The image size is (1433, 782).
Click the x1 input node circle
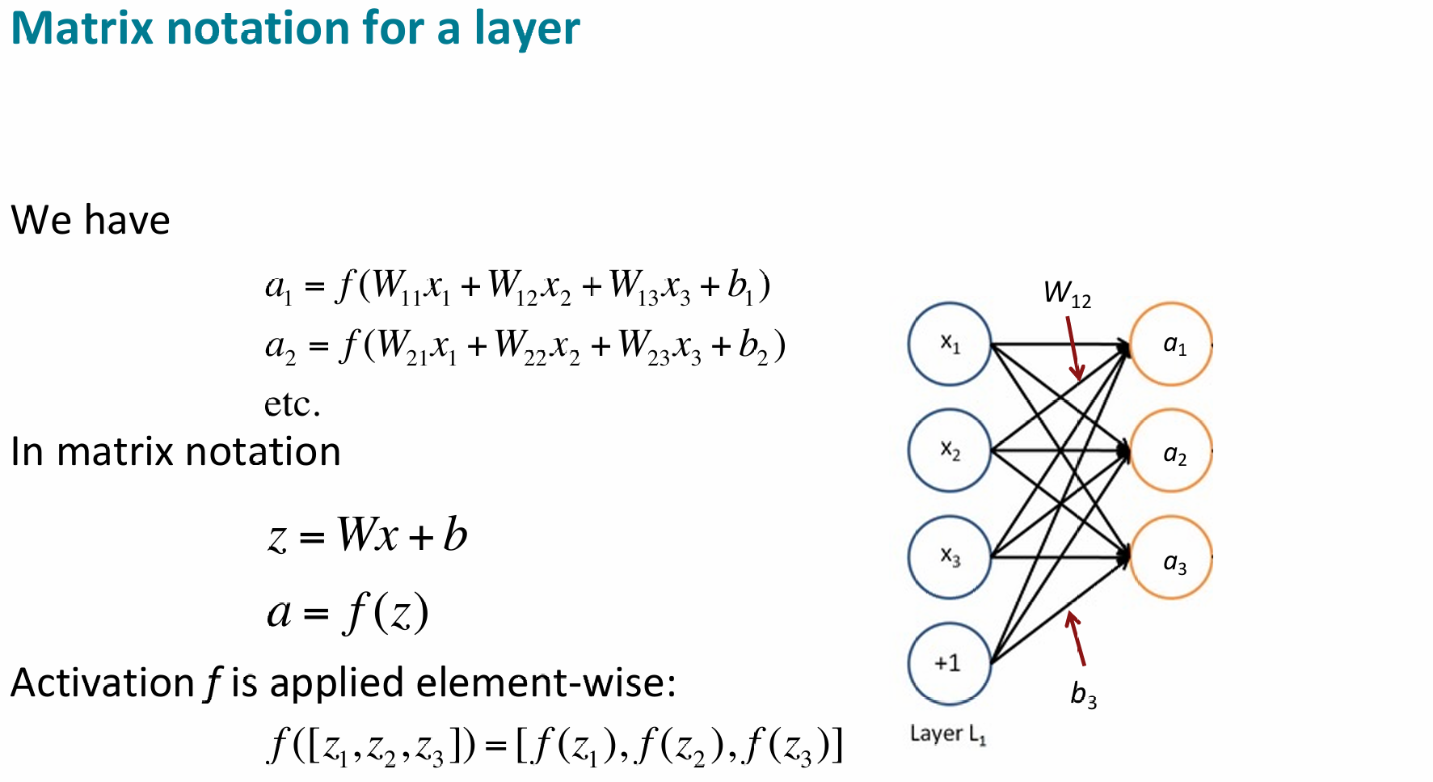pyautogui.click(x=950, y=344)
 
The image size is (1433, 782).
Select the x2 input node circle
pyautogui.click(x=950, y=450)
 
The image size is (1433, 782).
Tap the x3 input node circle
pyautogui.click(x=950, y=557)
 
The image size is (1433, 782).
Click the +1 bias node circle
pyautogui.click(x=950, y=664)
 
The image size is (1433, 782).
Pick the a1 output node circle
pyautogui.click(x=1171, y=344)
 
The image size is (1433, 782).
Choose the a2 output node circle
pyautogui.click(x=1171, y=451)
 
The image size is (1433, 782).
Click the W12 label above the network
pyautogui.click(x=1067, y=294)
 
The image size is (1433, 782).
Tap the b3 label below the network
pyautogui.click(x=1083, y=695)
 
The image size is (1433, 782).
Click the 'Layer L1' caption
pyautogui.click(x=947, y=734)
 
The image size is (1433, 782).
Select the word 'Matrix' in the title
pyautogui.click(x=82, y=29)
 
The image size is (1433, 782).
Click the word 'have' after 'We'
pyautogui.click(x=127, y=221)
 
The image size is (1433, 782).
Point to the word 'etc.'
pyautogui.click(x=292, y=404)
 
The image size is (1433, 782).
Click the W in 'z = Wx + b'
pyautogui.click(x=356, y=535)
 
